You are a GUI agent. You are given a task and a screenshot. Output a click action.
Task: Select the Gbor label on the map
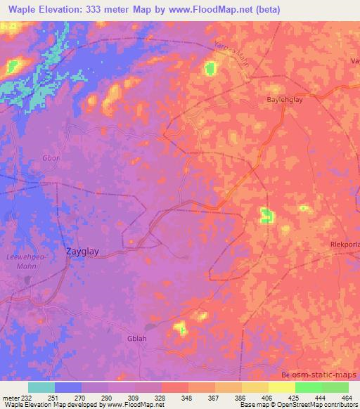coord(51,157)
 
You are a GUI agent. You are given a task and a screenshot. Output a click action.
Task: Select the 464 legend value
coord(347,397)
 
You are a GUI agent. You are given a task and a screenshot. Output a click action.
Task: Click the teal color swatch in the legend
coord(41,387)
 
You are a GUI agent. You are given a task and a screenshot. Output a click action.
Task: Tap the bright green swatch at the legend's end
coord(335,387)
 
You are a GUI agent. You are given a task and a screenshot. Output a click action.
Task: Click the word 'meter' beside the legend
coord(10,397)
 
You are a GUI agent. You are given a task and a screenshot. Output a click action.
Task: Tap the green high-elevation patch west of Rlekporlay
coord(266,216)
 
